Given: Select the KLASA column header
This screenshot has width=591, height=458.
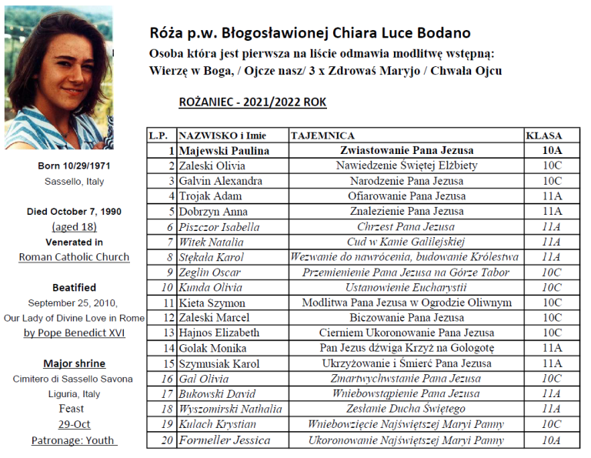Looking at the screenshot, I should coord(543,135).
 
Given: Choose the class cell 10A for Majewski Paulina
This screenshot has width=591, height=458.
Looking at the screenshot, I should coord(552,150).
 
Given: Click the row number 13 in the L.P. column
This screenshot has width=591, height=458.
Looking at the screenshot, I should coord(169,333).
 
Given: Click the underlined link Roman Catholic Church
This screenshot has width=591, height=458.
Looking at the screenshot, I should coord(75,257).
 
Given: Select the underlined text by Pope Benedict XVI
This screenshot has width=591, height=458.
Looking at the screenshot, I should coord(75,333).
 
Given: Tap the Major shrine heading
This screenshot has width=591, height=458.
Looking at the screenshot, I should coord(75,363).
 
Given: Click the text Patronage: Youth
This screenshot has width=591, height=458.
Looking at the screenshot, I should coord(74,440).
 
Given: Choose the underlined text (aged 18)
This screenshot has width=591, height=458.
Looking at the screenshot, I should coord(75,226).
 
